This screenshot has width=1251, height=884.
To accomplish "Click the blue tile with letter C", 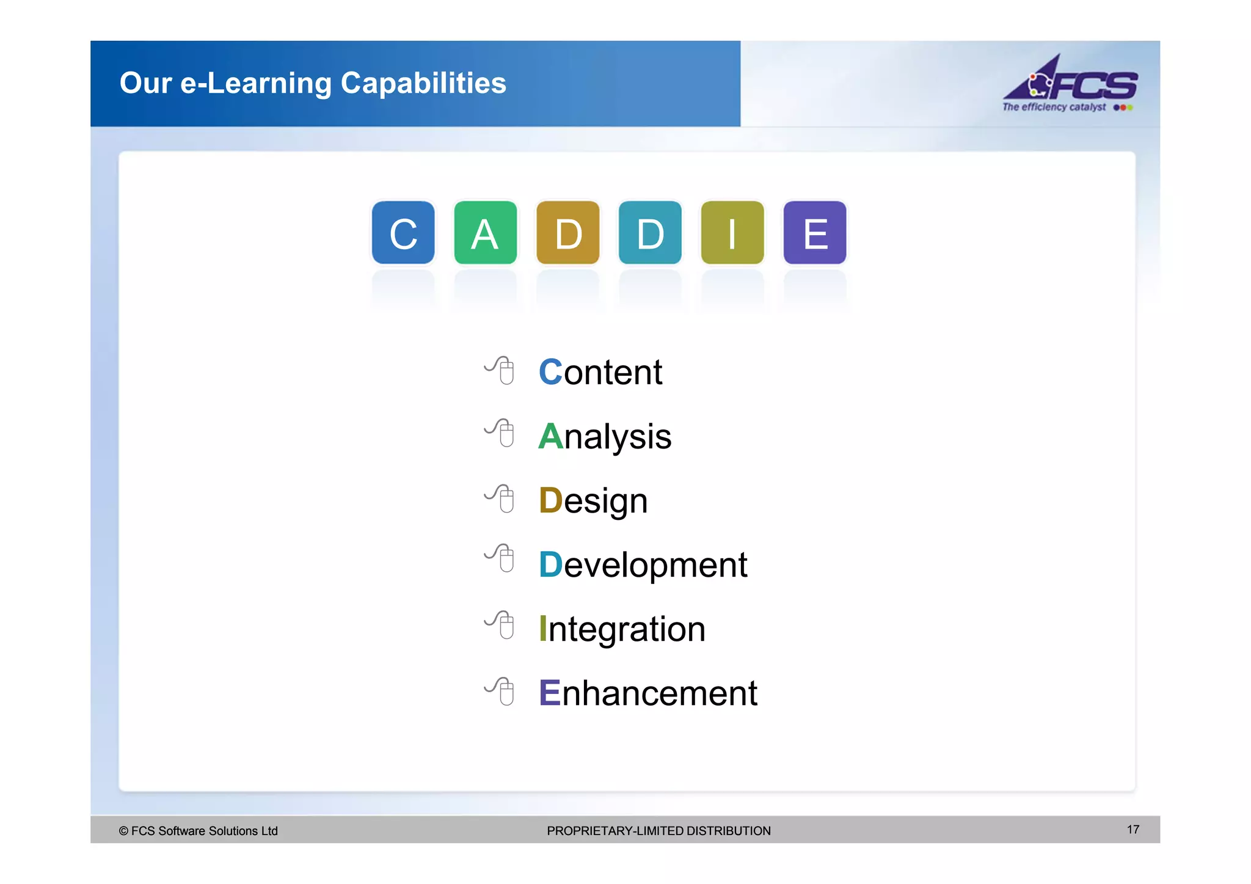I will pos(403,233).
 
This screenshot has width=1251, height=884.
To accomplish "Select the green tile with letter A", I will pos(486,233).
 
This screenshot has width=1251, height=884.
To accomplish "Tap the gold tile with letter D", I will pos(568,233).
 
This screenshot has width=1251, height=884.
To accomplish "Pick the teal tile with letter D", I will pos(650,233).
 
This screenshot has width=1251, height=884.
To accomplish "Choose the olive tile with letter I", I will pos(732,233).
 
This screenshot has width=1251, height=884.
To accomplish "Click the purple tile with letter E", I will pos(815,233).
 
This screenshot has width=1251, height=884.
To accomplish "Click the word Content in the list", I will pos(600,372).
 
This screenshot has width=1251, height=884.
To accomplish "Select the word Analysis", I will pos(605,437).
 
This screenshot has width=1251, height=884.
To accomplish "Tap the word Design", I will pos(593,501).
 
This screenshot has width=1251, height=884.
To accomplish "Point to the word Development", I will pos(643,565).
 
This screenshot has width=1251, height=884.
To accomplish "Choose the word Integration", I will pos(622,629).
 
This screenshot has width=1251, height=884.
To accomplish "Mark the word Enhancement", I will pos(648,693).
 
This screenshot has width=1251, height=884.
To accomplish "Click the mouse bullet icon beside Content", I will pos(500,370).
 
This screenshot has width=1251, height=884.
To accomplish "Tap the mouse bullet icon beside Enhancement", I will pos(500,692).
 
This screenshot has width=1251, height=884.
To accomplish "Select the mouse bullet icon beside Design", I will pos(500,499).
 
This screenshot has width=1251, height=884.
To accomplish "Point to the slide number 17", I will pos(1133,830).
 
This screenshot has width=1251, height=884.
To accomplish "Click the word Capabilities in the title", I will pos(423,83).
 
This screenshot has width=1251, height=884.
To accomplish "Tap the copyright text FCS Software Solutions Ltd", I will pos(199,831).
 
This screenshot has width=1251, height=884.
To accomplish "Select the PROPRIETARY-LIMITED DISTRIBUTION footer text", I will pos(658,831).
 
